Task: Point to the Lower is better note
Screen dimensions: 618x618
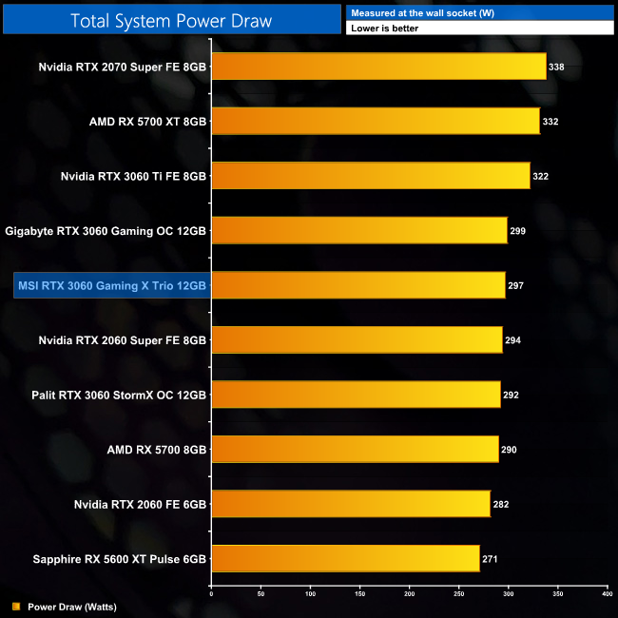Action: (x=384, y=29)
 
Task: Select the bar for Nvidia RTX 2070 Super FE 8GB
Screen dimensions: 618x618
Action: (x=378, y=67)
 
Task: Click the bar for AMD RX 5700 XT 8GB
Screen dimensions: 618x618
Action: (x=376, y=121)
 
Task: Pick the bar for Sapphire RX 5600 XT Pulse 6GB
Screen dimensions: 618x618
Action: (x=345, y=558)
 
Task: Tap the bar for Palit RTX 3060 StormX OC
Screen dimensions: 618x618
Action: (x=356, y=395)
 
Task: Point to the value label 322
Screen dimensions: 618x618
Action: (x=542, y=176)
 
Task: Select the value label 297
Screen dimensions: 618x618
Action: (x=517, y=285)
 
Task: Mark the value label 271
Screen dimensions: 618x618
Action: (x=492, y=559)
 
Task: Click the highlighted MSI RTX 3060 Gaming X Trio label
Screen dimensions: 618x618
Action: (x=112, y=285)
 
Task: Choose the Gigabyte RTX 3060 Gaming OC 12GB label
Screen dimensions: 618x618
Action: (x=106, y=231)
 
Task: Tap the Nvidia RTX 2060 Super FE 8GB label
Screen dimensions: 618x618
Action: (x=123, y=339)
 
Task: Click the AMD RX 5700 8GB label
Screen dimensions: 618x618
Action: (x=157, y=449)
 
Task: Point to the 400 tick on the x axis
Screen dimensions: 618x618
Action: (x=607, y=594)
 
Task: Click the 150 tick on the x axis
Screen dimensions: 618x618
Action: (x=359, y=594)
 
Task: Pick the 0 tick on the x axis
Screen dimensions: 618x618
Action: (x=211, y=594)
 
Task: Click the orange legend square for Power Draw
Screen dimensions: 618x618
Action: (x=16, y=606)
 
